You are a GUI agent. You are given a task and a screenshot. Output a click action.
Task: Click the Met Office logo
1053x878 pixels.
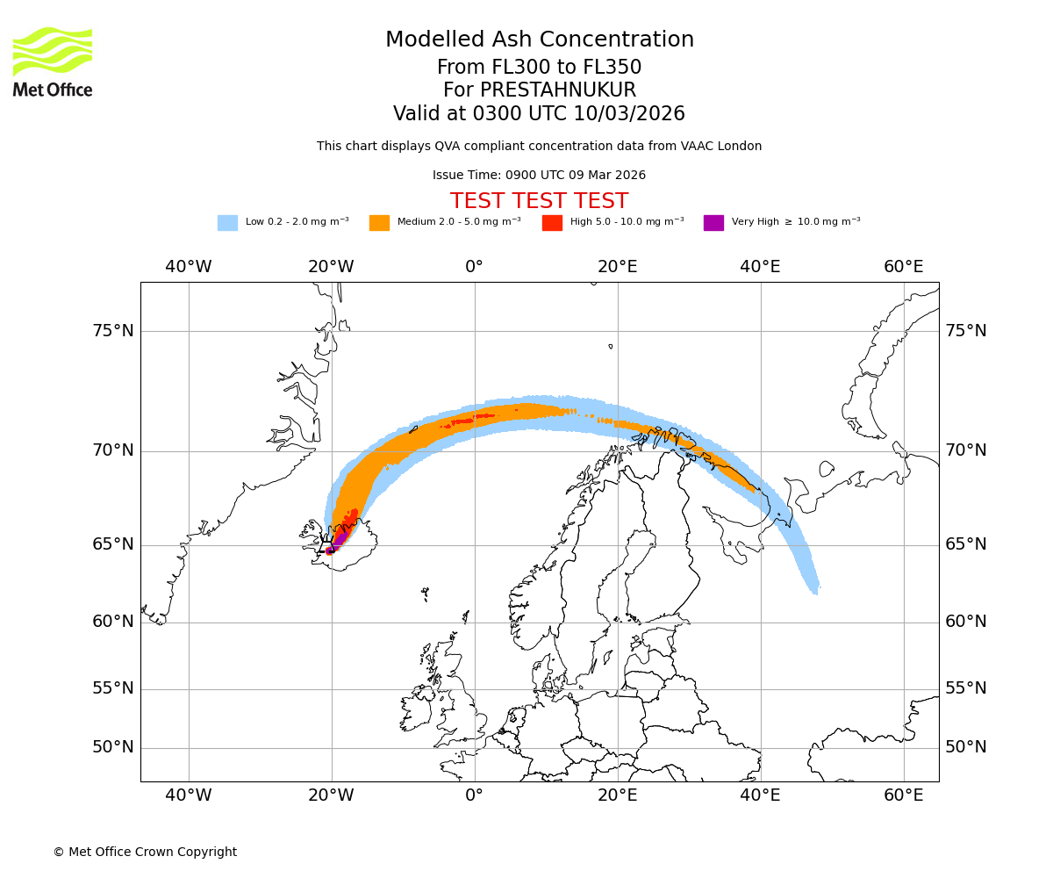click(53, 61)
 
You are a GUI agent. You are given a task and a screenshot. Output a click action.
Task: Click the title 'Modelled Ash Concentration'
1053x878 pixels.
click(540, 40)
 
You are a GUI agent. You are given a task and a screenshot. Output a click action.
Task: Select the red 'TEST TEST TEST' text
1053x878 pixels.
click(539, 201)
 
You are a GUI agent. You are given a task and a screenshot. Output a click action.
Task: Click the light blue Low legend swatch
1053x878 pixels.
click(227, 223)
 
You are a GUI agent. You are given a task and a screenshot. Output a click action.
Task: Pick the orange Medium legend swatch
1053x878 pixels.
click(379, 223)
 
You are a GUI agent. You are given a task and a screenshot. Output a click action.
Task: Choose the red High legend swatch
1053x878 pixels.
click(552, 223)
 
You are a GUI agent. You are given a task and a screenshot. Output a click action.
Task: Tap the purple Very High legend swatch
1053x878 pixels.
click(713, 223)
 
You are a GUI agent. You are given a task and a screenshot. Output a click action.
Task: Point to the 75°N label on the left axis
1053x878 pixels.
click(113, 331)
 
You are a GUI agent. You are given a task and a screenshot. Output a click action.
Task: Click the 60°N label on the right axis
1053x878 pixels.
click(965, 622)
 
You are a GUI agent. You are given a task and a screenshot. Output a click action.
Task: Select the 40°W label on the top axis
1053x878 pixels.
click(188, 267)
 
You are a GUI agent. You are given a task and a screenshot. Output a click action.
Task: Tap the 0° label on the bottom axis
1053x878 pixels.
click(474, 795)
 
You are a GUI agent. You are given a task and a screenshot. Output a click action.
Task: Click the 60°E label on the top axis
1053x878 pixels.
click(903, 267)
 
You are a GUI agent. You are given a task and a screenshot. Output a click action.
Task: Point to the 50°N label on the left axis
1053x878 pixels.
click(113, 747)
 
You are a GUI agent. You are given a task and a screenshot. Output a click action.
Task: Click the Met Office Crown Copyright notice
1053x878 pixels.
click(145, 852)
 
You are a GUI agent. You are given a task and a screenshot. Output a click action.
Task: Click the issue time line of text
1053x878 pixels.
click(539, 175)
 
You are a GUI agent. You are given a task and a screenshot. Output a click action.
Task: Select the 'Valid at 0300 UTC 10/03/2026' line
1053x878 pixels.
click(539, 114)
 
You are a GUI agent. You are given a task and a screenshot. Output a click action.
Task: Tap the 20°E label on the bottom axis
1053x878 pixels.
click(617, 795)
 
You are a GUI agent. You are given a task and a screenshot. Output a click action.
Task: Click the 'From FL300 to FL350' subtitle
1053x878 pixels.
click(539, 68)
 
